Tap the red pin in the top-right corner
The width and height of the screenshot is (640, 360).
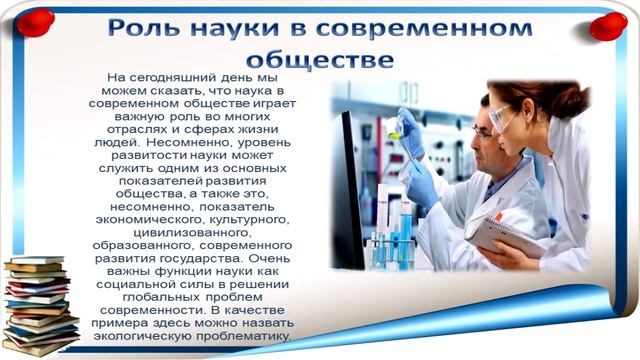click(607, 23)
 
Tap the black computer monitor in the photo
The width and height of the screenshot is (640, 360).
click(348, 190)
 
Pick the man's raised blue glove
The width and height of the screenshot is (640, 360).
click(410, 130)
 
